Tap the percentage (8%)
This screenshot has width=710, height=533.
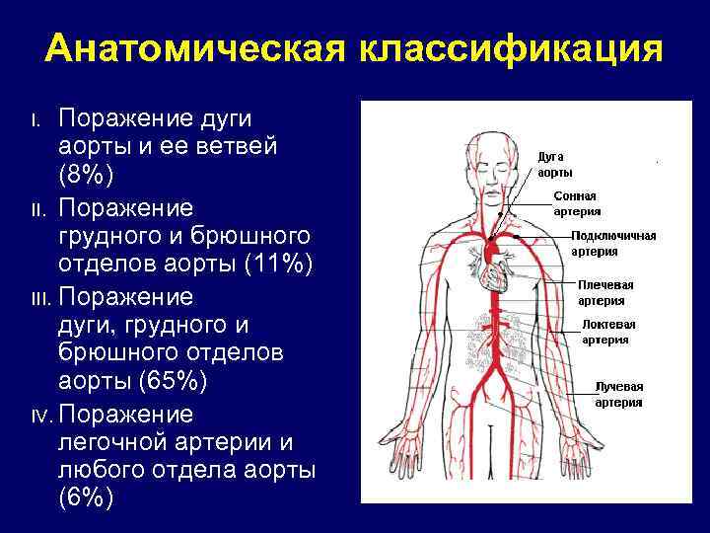click(x=87, y=175)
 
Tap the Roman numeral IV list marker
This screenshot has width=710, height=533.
click(x=39, y=415)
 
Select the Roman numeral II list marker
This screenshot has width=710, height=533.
click(x=37, y=210)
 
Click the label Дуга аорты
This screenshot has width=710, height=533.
click(x=554, y=163)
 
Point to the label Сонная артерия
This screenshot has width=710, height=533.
click(x=576, y=203)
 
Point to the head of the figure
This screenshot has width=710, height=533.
click(x=498, y=168)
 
